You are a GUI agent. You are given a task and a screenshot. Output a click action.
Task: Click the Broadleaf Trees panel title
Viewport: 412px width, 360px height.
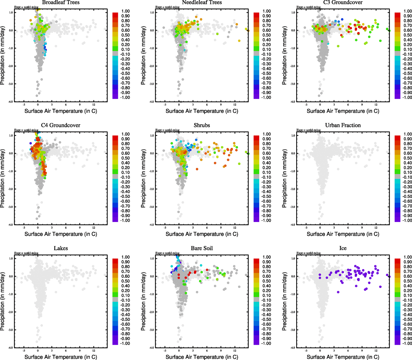61,2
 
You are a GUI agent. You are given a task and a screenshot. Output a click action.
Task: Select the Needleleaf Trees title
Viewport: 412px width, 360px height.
202,2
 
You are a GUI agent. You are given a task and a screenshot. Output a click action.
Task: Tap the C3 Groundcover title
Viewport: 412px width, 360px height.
343,2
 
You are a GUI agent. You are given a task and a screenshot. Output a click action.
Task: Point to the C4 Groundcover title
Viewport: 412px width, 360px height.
61,125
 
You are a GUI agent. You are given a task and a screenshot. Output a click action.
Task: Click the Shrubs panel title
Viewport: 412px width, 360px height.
202,125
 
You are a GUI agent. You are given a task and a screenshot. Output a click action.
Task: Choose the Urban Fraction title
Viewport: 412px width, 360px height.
343,125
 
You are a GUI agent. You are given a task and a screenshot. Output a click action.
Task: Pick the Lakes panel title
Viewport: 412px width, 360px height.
61,248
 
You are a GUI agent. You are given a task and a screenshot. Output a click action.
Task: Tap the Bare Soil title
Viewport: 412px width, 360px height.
202,248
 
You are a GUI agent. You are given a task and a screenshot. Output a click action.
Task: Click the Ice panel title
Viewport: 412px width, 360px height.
343,248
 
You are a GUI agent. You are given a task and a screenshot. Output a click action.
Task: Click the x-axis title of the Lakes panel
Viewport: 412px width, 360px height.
61,357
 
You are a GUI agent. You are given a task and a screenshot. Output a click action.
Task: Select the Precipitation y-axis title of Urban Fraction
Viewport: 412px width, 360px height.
284,180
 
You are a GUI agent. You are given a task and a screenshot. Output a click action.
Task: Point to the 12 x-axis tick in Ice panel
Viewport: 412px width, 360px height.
376,350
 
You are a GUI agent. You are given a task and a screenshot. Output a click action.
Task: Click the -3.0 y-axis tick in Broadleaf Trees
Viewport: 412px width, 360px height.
11,84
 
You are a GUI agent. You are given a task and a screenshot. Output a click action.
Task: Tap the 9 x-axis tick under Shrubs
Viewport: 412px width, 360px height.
221,228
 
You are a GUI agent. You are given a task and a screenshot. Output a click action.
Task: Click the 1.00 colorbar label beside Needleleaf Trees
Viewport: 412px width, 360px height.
266,11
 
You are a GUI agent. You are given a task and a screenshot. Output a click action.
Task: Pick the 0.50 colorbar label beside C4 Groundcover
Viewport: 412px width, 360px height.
125,158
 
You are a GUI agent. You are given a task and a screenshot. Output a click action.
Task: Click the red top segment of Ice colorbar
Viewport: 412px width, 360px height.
397,260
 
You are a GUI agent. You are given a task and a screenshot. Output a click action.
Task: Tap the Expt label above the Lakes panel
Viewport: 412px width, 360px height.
26,253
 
